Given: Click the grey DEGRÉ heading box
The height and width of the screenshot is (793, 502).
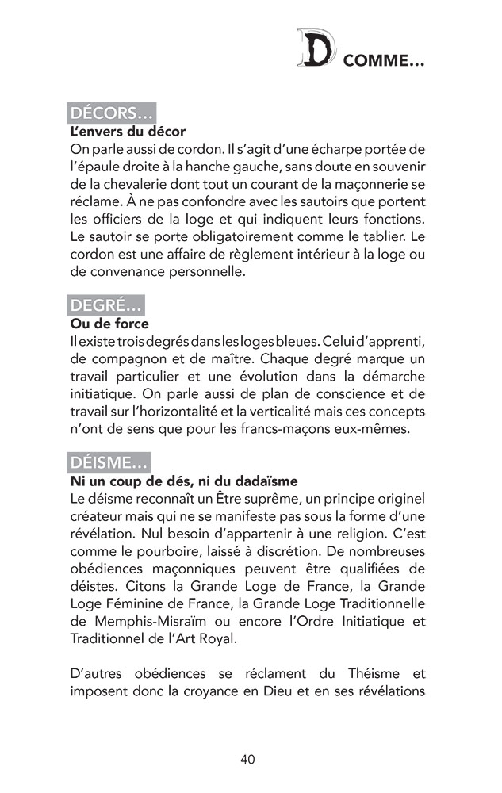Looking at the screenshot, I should click(x=107, y=305).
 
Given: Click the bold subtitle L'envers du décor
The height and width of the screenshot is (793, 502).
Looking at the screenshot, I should click(x=128, y=130).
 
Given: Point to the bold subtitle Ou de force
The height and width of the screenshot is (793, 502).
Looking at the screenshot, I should click(x=109, y=324).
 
